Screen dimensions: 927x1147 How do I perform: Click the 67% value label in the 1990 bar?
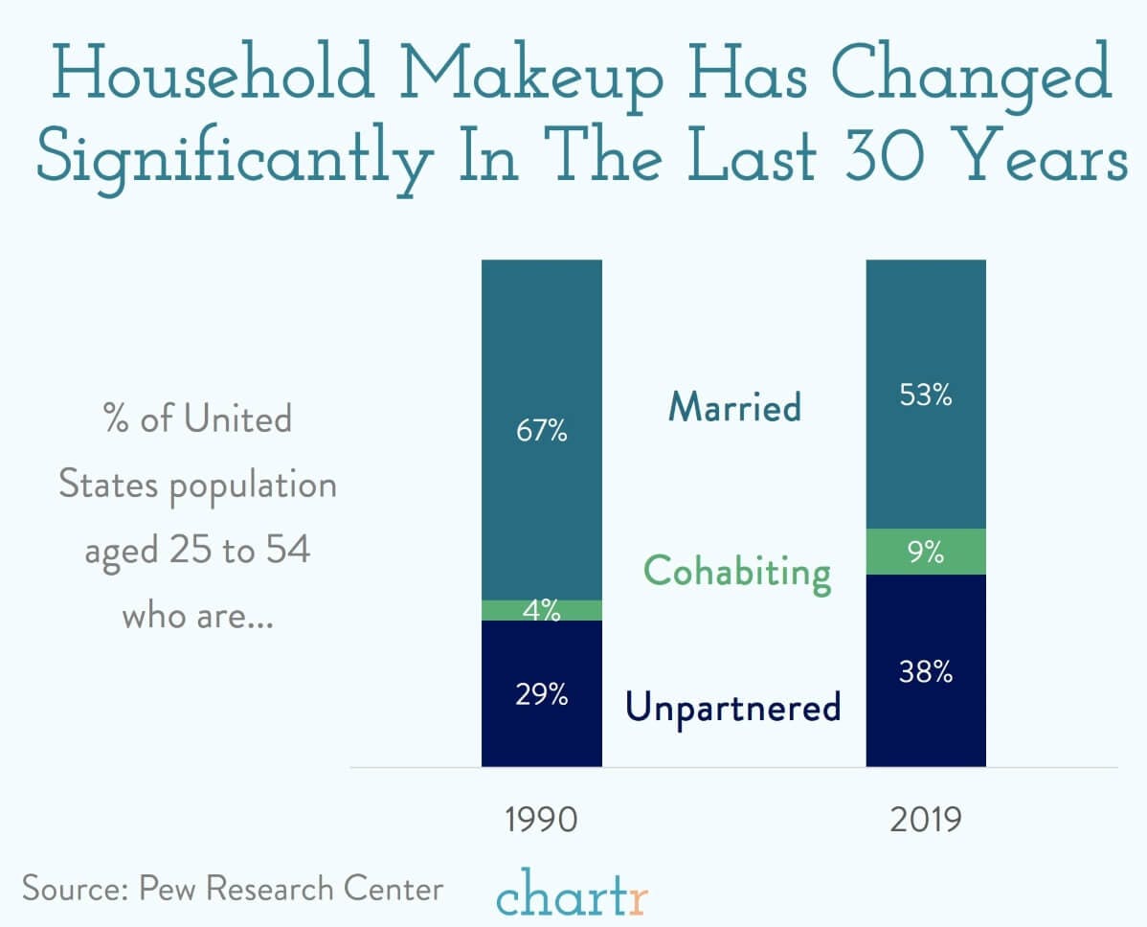pos(542,432)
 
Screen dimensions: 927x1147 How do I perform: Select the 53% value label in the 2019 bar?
pos(926,396)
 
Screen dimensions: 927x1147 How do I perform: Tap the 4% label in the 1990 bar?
pos(542,610)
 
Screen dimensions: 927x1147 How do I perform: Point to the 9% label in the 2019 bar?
pos(926,553)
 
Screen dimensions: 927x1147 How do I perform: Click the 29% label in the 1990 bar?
pos(542,694)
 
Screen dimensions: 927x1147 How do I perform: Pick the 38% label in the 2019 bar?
pos(926,673)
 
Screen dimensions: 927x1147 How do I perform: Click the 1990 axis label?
pos(542,821)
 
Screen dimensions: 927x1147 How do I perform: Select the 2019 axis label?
pos(926,821)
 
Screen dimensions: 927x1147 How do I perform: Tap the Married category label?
pos(734,407)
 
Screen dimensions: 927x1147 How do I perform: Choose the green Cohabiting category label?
pos(736,572)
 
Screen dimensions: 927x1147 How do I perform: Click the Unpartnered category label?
pos(733,708)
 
